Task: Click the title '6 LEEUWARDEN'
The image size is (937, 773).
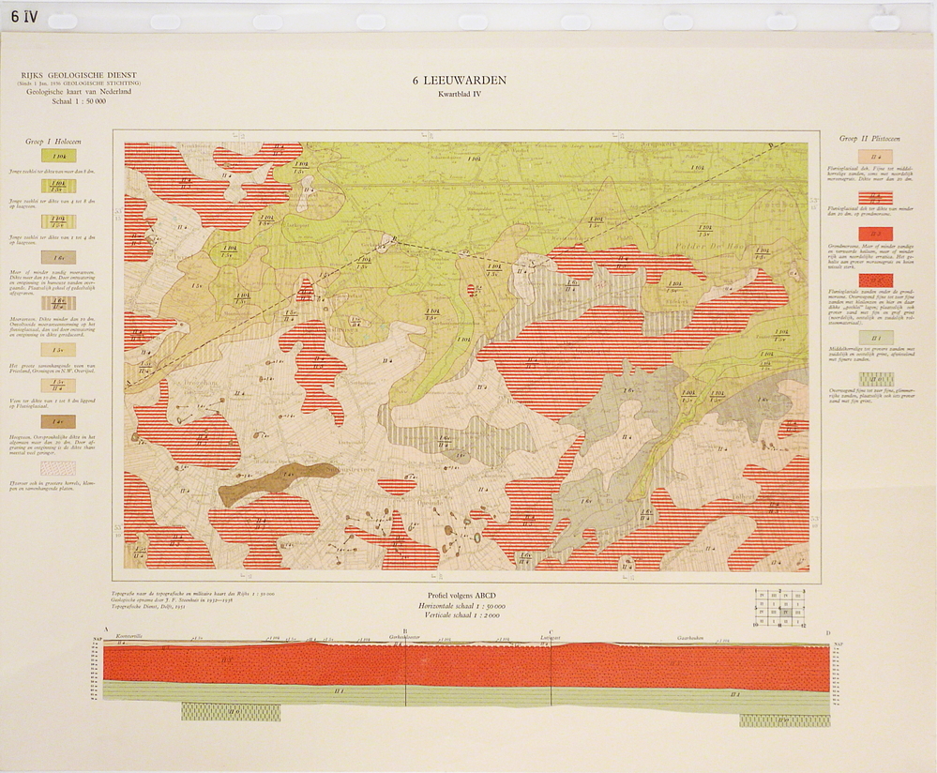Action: coord(459,81)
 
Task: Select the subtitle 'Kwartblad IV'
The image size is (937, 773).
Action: coord(459,94)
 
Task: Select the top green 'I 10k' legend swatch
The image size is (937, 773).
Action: coord(59,157)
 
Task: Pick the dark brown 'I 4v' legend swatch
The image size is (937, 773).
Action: coord(58,422)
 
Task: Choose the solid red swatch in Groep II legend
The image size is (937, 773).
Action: coord(874,234)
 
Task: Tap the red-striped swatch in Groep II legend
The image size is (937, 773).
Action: coord(874,196)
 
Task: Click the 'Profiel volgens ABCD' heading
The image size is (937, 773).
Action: coord(459,596)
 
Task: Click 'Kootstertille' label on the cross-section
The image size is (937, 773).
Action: coord(129,637)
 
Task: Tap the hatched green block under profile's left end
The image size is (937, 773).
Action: coord(230,712)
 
